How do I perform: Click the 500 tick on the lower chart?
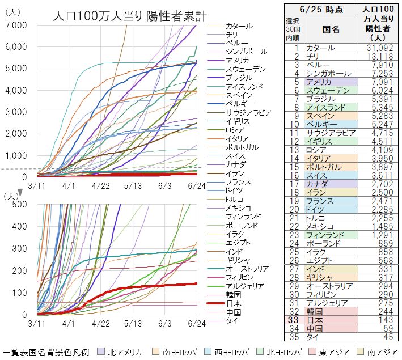click(20, 204)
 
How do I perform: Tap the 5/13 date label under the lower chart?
click(132, 323)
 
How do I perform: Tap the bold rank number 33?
click(296, 319)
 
